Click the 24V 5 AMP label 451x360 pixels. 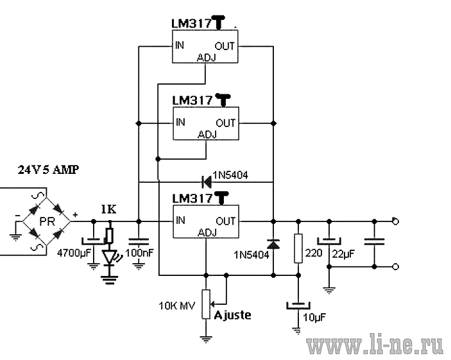click(48, 169)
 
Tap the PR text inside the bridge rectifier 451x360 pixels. click(47, 221)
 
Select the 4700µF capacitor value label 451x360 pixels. click(74, 253)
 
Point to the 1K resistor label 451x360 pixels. click(108, 209)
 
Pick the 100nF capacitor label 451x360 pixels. click(140, 253)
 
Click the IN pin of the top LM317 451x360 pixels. click(180, 45)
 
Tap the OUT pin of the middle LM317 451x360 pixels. click(226, 123)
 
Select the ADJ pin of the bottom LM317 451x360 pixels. click(207, 232)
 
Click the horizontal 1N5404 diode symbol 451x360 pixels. click(206, 182)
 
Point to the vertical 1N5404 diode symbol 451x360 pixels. click(273, 244)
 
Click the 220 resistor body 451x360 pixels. click(298, 248)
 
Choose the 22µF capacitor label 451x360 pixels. click(343, 254)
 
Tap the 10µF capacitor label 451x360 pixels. click(314, 318)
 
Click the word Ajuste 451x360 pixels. click(232, 315)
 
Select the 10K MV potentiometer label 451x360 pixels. click(177, 305)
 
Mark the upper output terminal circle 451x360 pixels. click(395, 221)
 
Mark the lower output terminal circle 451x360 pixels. click(395, 267)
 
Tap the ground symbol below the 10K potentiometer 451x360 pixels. click(206, 339)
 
